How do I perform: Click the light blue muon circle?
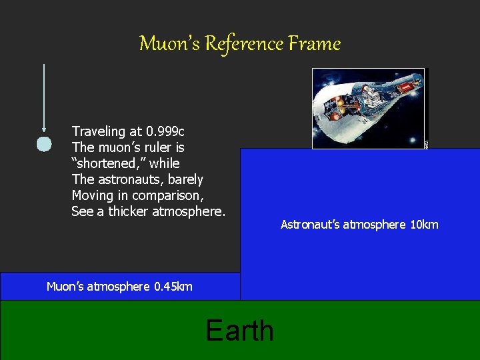(x=44, y=144)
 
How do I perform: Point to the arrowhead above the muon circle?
(x=44, y=129)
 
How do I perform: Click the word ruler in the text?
(x=161, y=147)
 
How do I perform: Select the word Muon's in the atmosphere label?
(x=65, y=287)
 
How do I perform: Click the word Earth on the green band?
(x=240, y=330)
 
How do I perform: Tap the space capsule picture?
(x=368, y=107)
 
